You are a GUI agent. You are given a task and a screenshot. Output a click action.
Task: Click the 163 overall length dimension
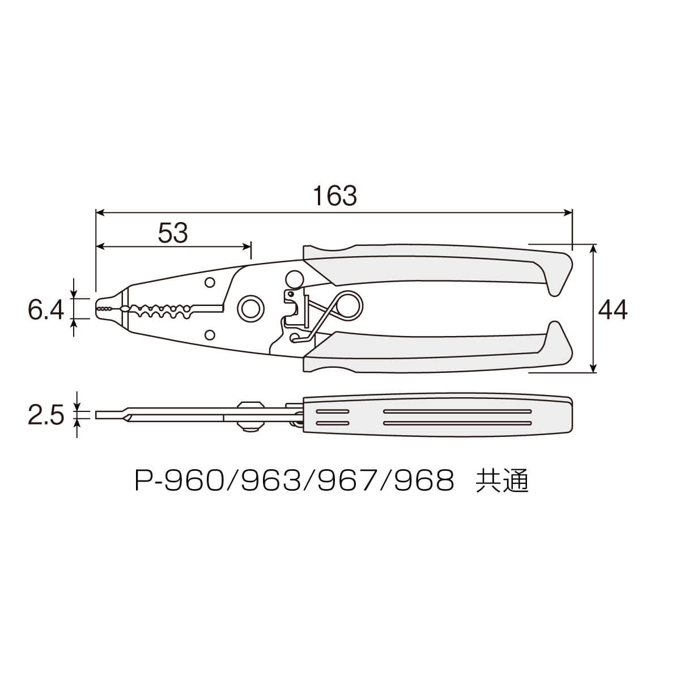[335, 196]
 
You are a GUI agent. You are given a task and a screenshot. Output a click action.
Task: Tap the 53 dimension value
[173, 232]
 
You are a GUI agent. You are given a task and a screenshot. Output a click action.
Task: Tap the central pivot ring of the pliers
[249, 309]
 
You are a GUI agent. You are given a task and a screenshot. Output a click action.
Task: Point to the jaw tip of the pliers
[102, 308]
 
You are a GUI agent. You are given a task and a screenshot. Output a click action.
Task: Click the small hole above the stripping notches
[209, 282]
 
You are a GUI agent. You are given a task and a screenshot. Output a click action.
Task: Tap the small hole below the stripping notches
[209, 334]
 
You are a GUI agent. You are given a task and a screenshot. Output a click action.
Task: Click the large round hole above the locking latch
[295, 279]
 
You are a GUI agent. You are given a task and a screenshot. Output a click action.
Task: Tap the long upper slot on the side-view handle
[457, 410]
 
